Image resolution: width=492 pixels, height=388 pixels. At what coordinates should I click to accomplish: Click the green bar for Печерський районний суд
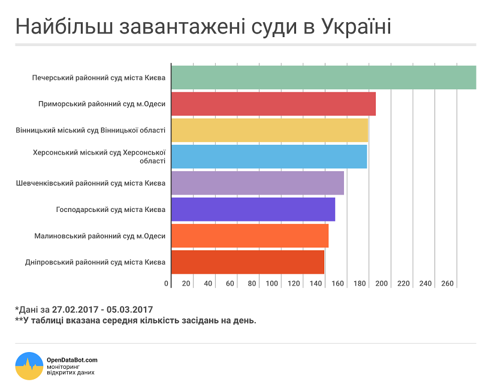[x=324, y=77]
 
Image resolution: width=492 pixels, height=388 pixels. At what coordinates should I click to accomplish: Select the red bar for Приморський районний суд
[x=273, y=104]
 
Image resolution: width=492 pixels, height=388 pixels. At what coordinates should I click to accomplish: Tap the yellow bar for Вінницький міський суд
[x=270, y=130]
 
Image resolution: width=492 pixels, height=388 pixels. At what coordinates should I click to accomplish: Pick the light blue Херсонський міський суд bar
[x=269, y=156]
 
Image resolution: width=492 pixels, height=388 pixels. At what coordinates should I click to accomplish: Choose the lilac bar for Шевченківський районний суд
[x=258, y=183]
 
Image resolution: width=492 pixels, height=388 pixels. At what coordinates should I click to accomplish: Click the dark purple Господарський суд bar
[x=253, y=209]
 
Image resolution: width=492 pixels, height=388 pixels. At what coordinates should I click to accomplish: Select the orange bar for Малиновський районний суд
[x=250, y=235]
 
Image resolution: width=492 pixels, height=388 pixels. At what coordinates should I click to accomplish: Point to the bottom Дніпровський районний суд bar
[x=247, y=262]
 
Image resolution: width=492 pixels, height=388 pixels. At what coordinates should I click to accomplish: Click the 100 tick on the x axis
[x=273, y=283]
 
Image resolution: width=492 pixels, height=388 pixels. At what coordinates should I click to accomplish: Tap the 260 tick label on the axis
[x=448, y=283]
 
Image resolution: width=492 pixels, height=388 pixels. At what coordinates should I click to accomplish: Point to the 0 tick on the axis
[x=167, y=283]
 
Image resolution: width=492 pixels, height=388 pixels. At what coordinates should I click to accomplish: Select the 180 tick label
[x=360, y=283]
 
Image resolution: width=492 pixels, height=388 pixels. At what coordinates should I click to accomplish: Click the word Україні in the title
[x=356, y=26]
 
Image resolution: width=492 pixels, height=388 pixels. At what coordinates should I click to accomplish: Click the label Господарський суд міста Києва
[x=111, y=210]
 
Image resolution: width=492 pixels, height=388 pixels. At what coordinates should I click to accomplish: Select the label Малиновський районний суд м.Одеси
[x=100, y=236]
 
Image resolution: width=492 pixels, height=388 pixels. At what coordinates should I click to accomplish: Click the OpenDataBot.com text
[x=72, y=360]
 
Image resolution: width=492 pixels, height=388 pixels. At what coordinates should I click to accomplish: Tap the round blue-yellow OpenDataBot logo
[x=29, y=366]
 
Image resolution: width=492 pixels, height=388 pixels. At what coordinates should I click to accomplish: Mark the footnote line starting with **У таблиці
[x=135, y=321]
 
